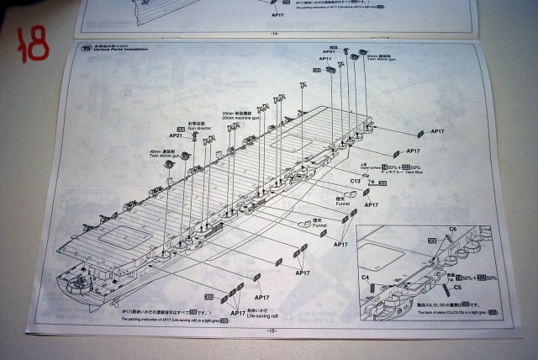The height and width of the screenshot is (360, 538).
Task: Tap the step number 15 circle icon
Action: (85, 48)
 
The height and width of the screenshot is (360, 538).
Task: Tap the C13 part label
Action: (356, 182)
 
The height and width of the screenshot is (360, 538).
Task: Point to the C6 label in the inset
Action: (451, 230)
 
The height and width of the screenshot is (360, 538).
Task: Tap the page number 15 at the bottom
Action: (271, 331)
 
